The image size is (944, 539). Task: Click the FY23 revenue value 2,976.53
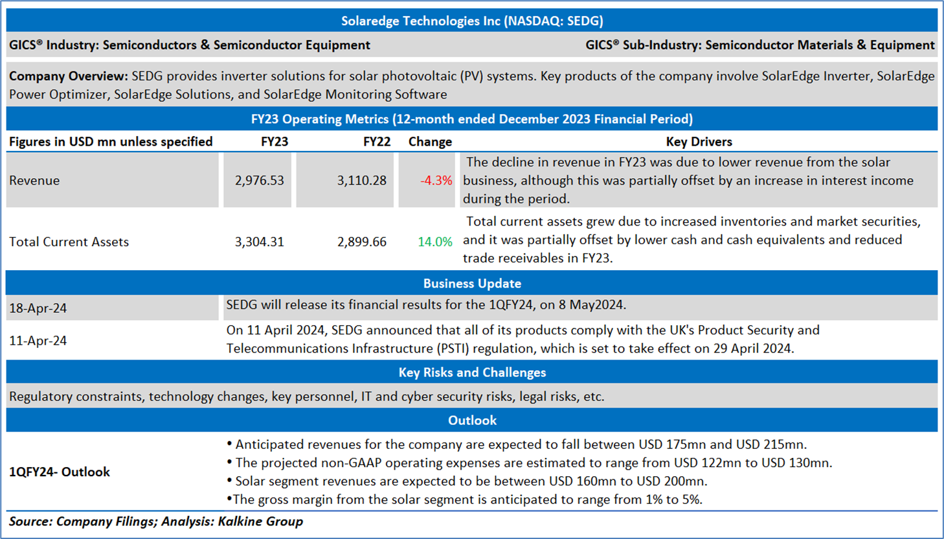259,181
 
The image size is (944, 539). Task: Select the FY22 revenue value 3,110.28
361,181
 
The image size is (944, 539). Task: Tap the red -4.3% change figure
436,181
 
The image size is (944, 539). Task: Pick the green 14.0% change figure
434,242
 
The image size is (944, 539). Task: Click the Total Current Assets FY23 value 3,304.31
259,242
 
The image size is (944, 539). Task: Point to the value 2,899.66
361,242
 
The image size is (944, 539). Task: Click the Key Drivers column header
699,142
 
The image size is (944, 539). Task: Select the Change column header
430,142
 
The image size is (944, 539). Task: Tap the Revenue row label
34,181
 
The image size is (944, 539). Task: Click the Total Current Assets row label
69,242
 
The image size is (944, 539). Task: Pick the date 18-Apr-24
38,308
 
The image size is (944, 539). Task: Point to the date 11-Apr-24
38,341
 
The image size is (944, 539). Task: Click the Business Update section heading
472,284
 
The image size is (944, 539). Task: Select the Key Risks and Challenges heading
472,373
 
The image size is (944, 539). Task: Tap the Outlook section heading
472,420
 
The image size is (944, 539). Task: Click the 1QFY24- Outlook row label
60,472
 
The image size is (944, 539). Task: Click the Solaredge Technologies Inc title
472,21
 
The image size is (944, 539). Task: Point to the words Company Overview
68,76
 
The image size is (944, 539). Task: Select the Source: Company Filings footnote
155,522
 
